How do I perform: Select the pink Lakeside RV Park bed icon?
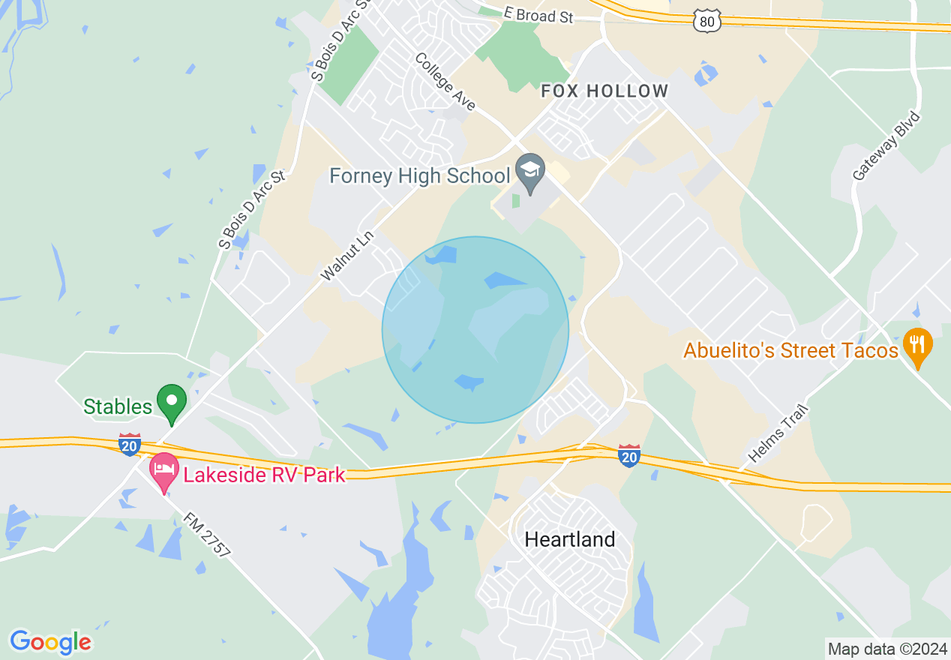coord(163,471)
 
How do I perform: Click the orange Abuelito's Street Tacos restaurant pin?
coord(917,346)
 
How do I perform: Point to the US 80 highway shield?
coord(707,22)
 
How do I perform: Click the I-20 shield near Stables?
coord(129,444)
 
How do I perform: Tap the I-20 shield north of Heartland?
coord(629,455)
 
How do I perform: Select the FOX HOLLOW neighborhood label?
coord(604,91)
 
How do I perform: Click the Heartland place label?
coord(570,539)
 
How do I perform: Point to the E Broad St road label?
coord(539,15)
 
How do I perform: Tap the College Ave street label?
coord(445,82)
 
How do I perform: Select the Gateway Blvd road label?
coord(886,146)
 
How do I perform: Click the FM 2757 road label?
coord(207,534)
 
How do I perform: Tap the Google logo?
coord(50,642)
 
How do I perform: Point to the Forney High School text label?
coord(420,176)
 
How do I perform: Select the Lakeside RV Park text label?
coord(262,475)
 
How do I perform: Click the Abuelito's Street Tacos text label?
coord(790,350)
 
